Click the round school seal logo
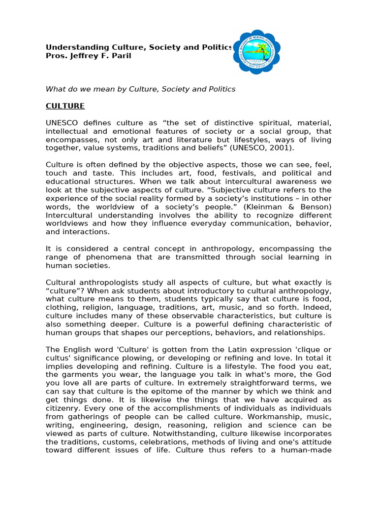(256, 52)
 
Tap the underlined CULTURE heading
(65, 106)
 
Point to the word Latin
(250, 349)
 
